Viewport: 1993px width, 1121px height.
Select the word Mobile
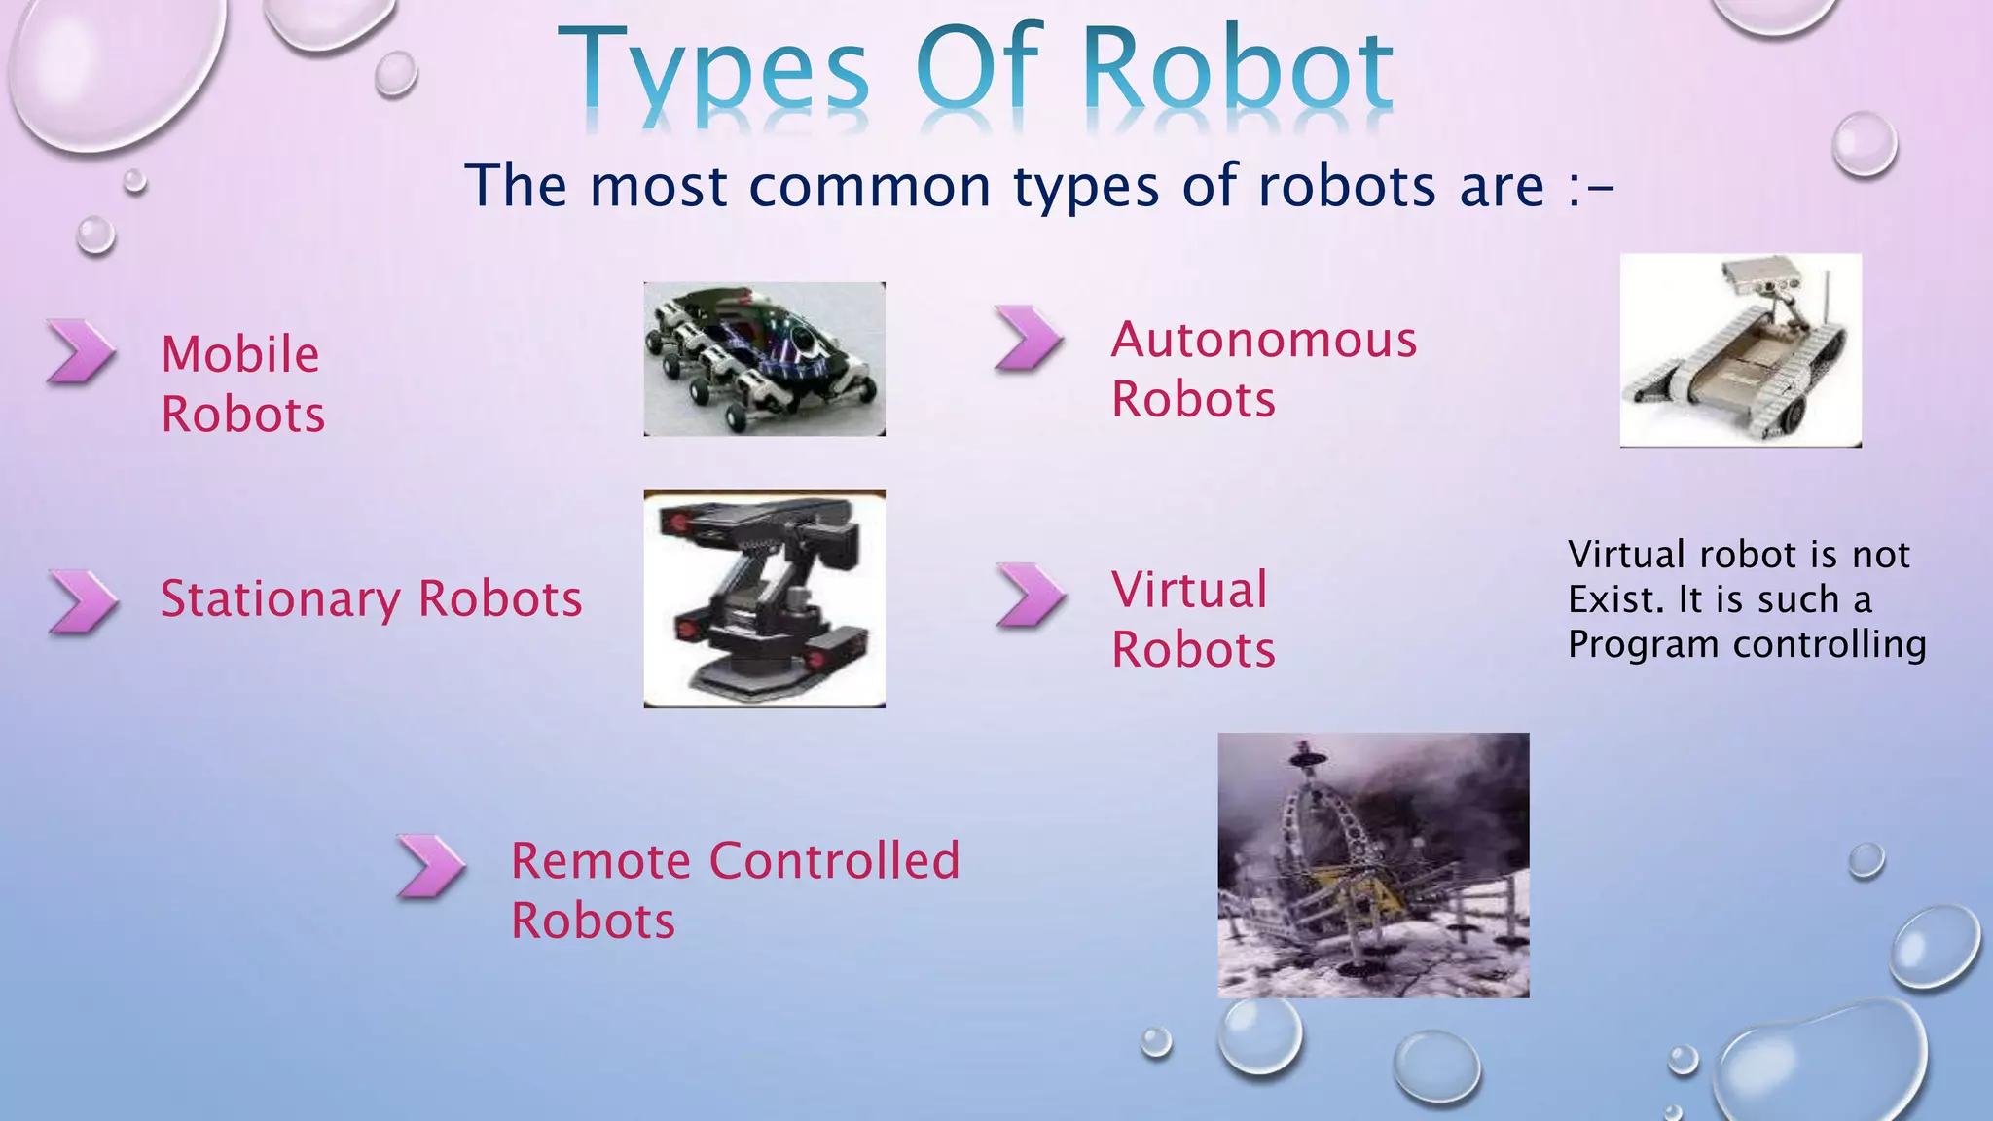[x=240, y=354]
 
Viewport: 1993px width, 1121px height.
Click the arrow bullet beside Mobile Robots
[x=81, y=351]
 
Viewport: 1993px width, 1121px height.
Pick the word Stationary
[x=280, y=598]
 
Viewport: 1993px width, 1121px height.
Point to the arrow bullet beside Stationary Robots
[x=83, y=601]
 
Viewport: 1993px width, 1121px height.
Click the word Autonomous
[x=1264, y=340]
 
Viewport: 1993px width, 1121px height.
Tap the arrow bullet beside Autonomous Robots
[x=1029, y=339]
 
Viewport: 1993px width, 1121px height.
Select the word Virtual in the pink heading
[x=1189, y=590]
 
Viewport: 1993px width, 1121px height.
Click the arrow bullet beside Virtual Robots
[x=1031, y=595]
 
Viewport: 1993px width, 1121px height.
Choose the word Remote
[x=601, y=860]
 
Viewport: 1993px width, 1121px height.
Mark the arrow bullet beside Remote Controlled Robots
[x=431, y=865]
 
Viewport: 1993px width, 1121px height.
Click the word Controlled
[x=834, y=860]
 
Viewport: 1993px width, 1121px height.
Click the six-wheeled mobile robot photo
[x=764, y=359]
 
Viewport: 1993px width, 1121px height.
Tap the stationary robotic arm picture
[x=764, y=598]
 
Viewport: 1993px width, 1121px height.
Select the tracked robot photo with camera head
[x=1740, y=350]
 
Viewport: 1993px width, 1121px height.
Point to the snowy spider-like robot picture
[x=1373, y=865]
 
